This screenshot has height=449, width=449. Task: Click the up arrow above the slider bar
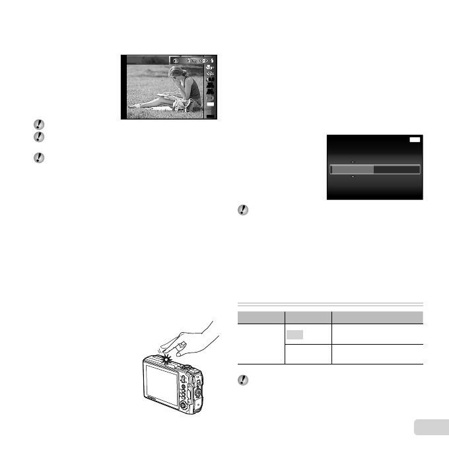352,162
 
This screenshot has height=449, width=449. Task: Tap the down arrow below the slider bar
352,178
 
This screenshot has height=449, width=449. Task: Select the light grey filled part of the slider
352,170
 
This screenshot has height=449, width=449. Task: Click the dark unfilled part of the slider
396,170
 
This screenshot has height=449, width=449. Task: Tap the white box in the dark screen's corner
413,141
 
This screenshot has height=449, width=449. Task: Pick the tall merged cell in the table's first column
259,343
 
